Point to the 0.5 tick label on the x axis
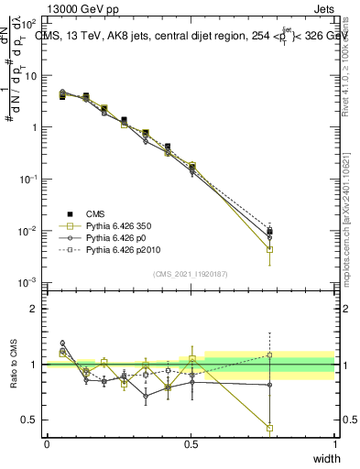point(191,443)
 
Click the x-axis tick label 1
point(334,443)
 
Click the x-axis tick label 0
point(47,443)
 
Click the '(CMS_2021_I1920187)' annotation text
point(191,273)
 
